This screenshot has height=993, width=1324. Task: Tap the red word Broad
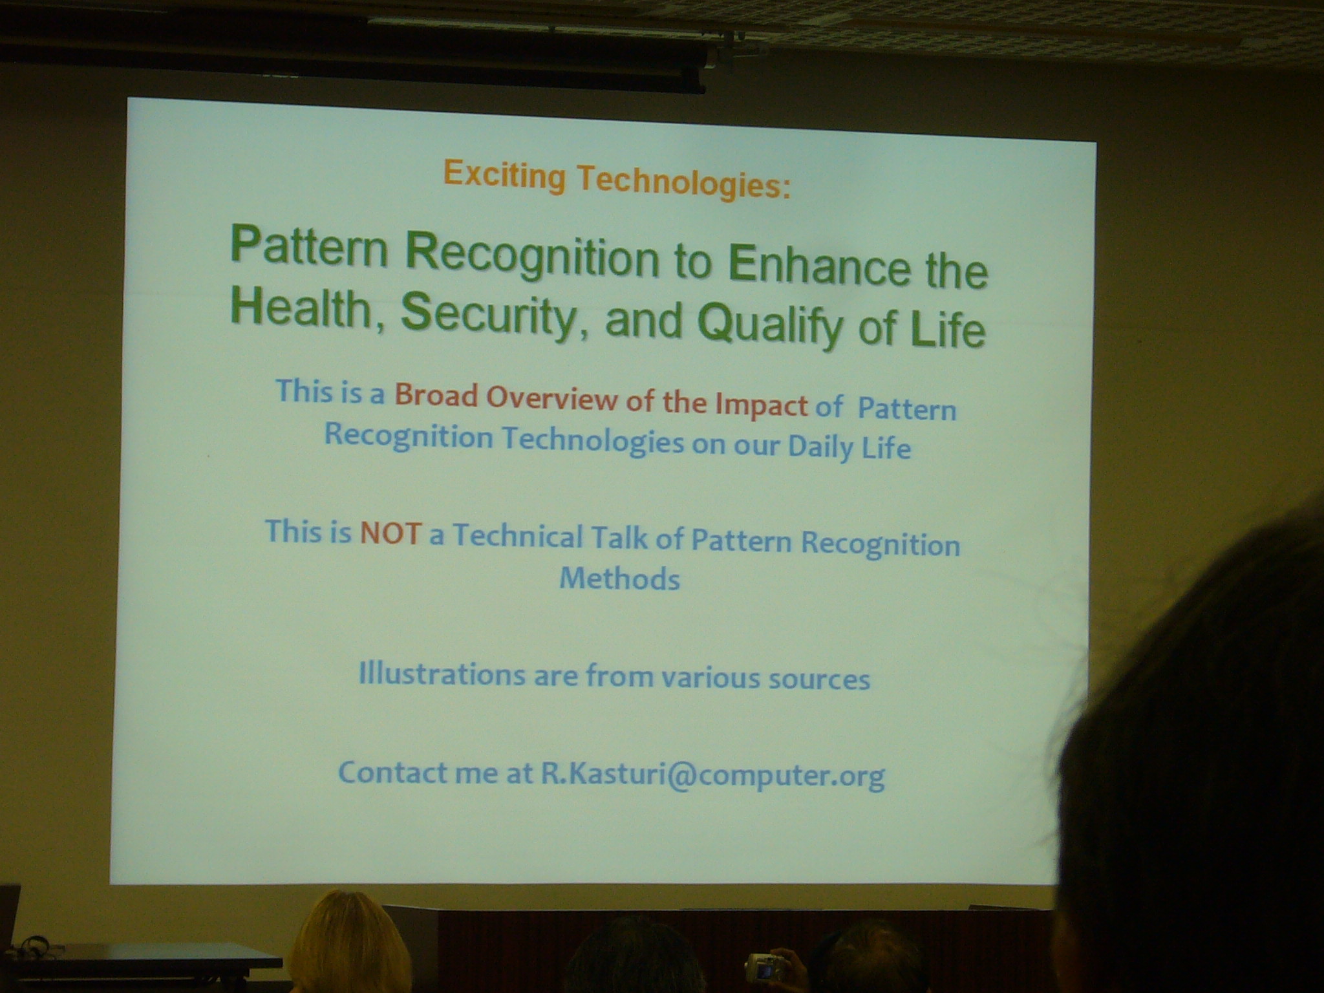point(436,395)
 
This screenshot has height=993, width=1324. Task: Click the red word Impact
point(761,404)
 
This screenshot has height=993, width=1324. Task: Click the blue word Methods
point(619,579)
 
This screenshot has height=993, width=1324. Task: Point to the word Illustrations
point(442,674)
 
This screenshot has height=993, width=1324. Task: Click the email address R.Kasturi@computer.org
point(712,775)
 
